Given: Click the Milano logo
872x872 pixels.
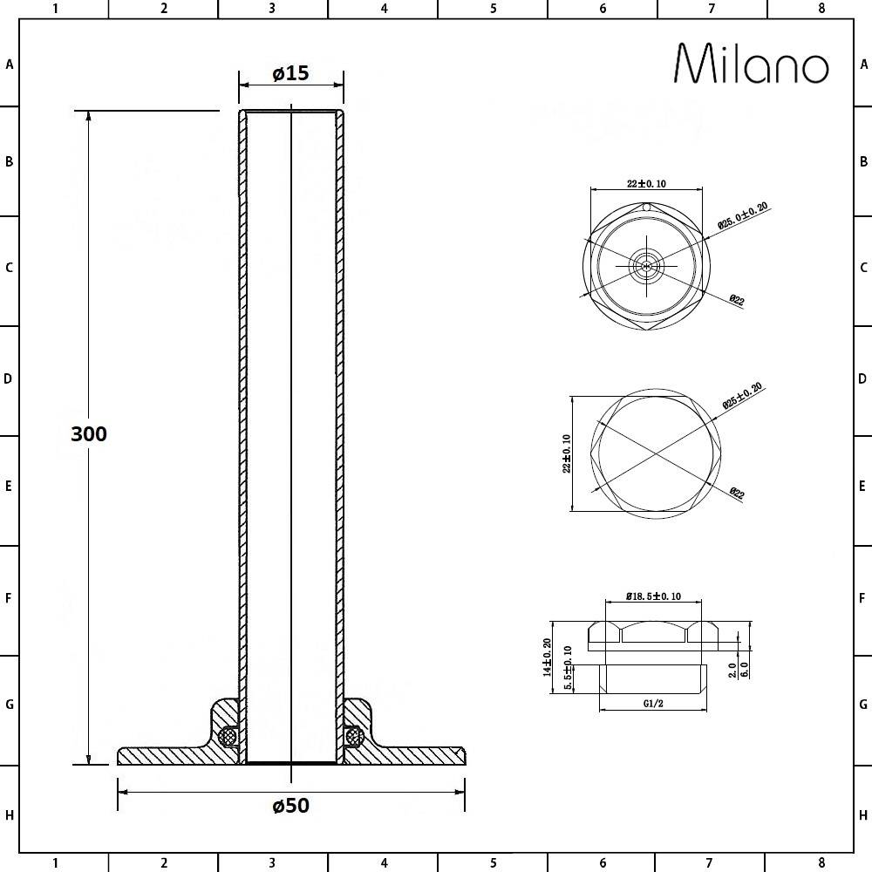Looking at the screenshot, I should [x=752, y=65].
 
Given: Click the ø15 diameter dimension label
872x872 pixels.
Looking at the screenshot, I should [x=290, y=73].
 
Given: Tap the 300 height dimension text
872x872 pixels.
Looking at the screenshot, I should [x=89, y=433].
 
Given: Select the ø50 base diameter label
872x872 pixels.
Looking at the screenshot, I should [x=290, y=805].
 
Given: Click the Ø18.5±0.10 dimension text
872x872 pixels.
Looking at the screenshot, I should [x=653, y=596].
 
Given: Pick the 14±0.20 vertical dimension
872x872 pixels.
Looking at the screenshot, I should [x=548, y=657].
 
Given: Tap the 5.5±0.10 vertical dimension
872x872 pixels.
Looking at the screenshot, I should [x=568, y=670].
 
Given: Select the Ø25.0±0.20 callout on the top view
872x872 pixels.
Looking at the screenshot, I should [x=743, y=215].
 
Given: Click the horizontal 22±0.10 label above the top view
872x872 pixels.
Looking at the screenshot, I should [x=646, y=183].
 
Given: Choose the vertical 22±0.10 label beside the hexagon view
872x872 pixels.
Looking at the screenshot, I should [x=567, y=453].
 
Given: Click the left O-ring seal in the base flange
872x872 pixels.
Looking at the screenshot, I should [x=229, y=737].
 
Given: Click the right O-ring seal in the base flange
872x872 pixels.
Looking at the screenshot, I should [x=353, y=737].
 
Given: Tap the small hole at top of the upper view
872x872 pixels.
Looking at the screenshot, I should [x=646, y=208].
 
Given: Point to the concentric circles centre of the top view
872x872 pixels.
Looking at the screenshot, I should [x=646, y=267].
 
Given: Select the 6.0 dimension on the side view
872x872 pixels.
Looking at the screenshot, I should [x=744, y=669].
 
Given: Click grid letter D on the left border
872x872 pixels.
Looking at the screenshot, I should [x=10, y=379].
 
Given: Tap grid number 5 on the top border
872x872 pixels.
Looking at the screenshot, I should [x=493, y=9].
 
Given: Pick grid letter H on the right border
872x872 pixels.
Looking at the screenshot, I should [x=862, y=815].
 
